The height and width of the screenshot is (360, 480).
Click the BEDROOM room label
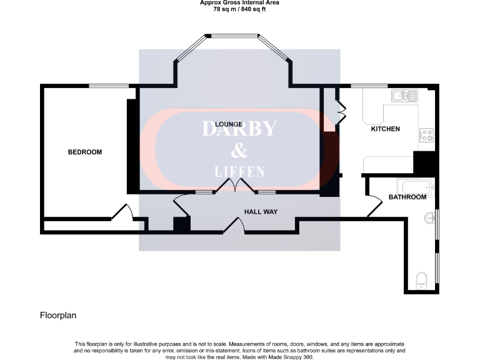coord(84,152)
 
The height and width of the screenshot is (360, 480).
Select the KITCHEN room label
coord(386,129)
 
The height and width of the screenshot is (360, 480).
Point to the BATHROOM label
coord(407,197)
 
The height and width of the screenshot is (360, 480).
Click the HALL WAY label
coord(261,212)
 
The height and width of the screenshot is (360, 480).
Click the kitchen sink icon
coord(404,96)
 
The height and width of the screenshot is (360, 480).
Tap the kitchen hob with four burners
coord(427,136)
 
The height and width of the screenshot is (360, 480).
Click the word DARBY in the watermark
coord(239,129)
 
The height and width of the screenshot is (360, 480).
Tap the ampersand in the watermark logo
coord(239,151)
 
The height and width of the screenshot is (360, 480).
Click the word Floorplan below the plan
coord(58,316)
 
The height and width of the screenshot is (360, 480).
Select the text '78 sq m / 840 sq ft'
coord(239,9)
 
